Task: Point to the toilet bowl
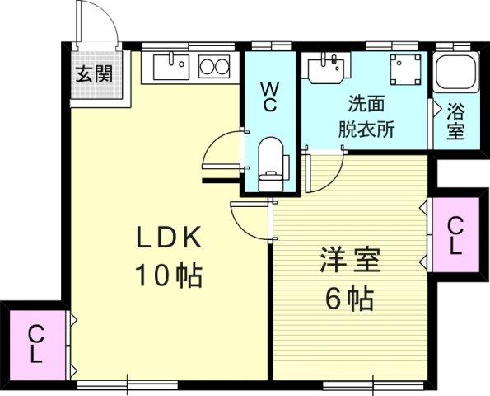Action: tap(270, 158)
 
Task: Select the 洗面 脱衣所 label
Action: tap(365, 116)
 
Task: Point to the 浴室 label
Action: tap(455, 120)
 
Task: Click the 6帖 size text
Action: tap(350, 297)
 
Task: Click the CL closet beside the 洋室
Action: tap(455, 235)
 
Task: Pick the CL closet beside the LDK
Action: tap(36, 344)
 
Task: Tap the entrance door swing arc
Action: tap(99, 21)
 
